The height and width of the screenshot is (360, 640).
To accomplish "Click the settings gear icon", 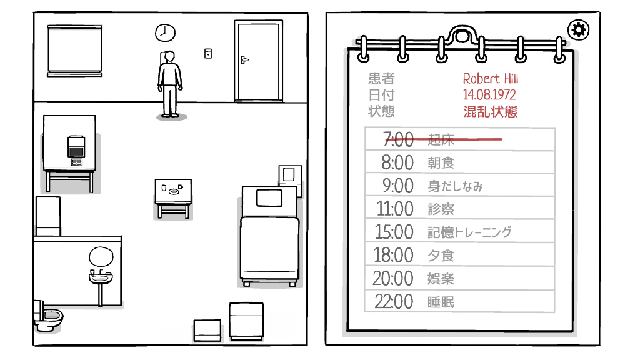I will point(579,29).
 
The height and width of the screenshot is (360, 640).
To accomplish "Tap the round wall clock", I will point(165,32).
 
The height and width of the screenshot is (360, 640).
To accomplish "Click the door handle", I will point(244,60).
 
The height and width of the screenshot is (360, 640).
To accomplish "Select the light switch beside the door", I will point(208,54).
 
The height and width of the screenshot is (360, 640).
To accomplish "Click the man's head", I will point(170,57).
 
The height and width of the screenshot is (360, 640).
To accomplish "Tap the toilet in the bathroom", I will point(47,317).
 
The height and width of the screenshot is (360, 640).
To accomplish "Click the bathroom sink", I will point(100,277).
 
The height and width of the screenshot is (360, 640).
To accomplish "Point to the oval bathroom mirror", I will point(100,256).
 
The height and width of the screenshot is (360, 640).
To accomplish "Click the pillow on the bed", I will point(269,197).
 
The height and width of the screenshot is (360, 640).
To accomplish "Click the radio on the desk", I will point(76,147).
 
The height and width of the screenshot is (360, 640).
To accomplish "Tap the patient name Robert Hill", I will point(490,79).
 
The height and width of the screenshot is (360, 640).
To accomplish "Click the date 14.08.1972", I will point(489,95).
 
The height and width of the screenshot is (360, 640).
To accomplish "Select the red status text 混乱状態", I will point(490,112).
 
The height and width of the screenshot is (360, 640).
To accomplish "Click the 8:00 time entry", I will point(397,162).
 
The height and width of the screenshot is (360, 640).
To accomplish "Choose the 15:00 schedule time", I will point(394,232).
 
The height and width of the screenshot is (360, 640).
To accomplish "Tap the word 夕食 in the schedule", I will point(441,256).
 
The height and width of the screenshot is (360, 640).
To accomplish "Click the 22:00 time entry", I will point(394,302).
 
